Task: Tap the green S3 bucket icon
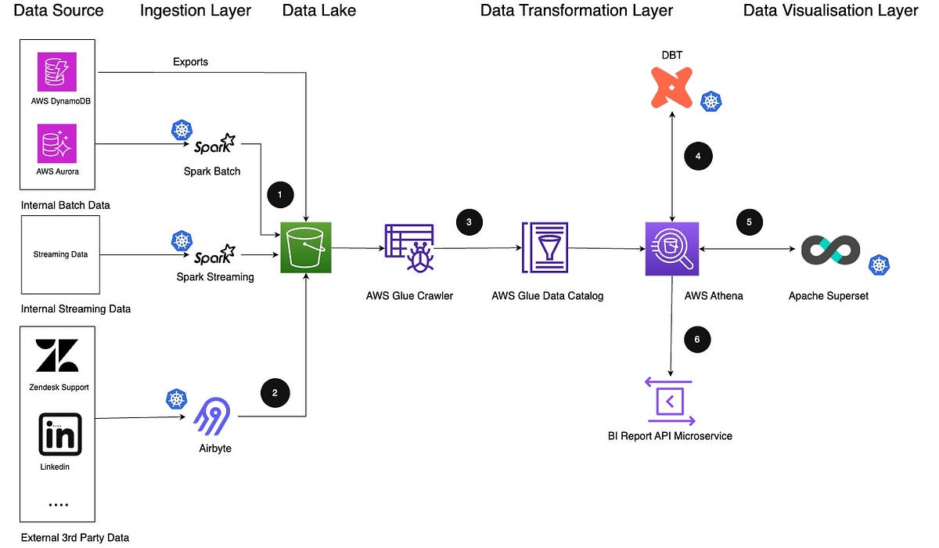[x=307, y=247]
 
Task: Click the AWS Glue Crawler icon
[x=408, y=248]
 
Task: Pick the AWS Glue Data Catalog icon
[x=545, y=248]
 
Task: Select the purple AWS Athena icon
[x=671, y=248]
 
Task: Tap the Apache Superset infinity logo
[x=830, y=250]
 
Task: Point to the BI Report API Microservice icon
[x=670, y=402]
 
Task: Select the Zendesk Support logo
[x=57, y=355]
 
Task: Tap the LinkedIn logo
[x=59, y=435]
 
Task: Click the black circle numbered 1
[x=280, y=193]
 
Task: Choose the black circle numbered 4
[x=698, y=156]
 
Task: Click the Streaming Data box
[x=60, y=254]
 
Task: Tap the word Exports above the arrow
[x=191, y=61]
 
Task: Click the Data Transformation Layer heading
[x=576, y=10]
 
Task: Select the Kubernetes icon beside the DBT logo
[x=711, y=101]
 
